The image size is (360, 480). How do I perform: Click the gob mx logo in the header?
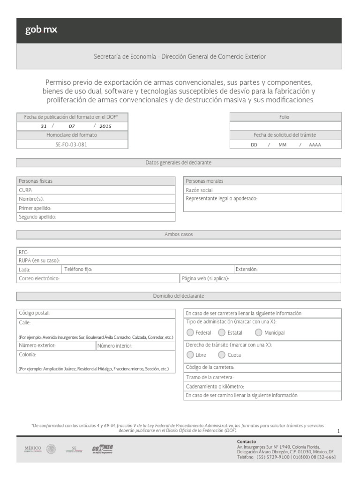(x=41, y=30)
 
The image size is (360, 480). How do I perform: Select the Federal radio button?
(x=190, y=333)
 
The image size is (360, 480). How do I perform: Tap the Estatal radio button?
(x=222, y=333)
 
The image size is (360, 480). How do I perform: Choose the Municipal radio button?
(x=259, y=333)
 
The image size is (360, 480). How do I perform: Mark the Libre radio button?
(x=190, y=355)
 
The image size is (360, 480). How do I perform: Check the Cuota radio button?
(x=222, y=355)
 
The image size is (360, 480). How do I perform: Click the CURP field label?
(x=25, y=190)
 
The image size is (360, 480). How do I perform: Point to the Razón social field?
(x=200, y=190)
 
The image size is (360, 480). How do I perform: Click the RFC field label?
(x=23, y=252)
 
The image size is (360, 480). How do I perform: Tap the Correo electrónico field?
(x=39, y=278)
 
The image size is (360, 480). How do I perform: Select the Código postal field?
(x=34, y=313)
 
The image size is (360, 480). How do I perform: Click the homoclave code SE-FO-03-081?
(x=71, y=144)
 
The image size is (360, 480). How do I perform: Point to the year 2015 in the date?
(x=105, y=126)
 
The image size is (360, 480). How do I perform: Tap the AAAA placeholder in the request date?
(x=315, y=145)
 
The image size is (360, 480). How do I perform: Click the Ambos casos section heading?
(x=179, y=234)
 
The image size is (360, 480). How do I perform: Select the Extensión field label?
(x=247, y=270)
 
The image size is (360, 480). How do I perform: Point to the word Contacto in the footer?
(x=247, y=442)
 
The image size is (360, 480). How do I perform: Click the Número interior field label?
(x=115, y=346)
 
